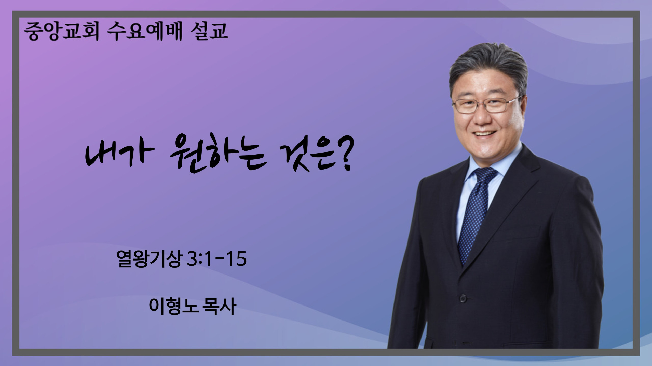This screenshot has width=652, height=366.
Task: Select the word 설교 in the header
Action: [x=209, y=32]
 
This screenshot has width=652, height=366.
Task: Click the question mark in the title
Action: [x=345, y=157]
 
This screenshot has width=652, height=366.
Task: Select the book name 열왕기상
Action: [x=149, y=259]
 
